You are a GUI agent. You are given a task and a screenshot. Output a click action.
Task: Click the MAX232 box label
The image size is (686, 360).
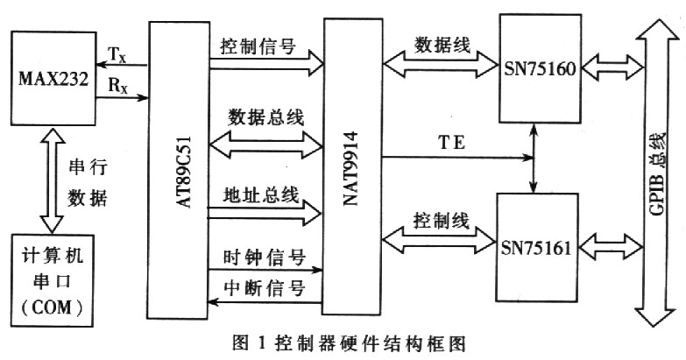pyautogui.click(x=53, y=79)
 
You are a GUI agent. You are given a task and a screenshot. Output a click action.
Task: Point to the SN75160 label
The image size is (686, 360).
pyautogui.click(x=540, y=68)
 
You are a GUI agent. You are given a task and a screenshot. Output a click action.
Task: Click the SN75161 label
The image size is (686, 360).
pyautogui.click(x=536, y=249)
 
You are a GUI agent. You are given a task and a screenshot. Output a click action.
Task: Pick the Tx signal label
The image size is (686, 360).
pyautogui.click(x=117, y=55)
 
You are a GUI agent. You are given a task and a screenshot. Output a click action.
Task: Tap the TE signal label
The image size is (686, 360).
pyautogui.click(x=452, y=143)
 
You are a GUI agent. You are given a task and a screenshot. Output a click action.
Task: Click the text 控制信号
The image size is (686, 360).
pyautogui.click(x=258, y=46)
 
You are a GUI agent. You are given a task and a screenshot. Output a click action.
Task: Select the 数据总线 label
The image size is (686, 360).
pyautogui.click(x=266, y=117)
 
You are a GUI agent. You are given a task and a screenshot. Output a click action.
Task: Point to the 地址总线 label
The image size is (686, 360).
pyautogui.click(x=261, y=194)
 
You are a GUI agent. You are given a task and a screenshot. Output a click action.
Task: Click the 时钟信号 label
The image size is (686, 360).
pyautogui.click(x=265, y=258)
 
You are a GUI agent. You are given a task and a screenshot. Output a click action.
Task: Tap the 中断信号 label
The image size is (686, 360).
pyautogui.click(x=265, y=288)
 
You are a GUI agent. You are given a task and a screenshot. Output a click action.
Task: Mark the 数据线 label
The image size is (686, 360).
pyautogui.click(x=442, y=45)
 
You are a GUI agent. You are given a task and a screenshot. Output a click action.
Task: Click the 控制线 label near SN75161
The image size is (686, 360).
pyautogui.click(x=441, y=221)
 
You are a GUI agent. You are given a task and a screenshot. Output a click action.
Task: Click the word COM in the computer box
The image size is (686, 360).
pyautogui.click(x=52, y=308)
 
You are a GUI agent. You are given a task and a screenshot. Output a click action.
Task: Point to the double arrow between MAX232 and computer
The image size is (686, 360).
pyautogui.click(x=52, y=180)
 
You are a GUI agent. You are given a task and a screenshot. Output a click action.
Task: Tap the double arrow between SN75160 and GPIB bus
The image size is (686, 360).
pyautogui.click(x=613, y=68)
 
